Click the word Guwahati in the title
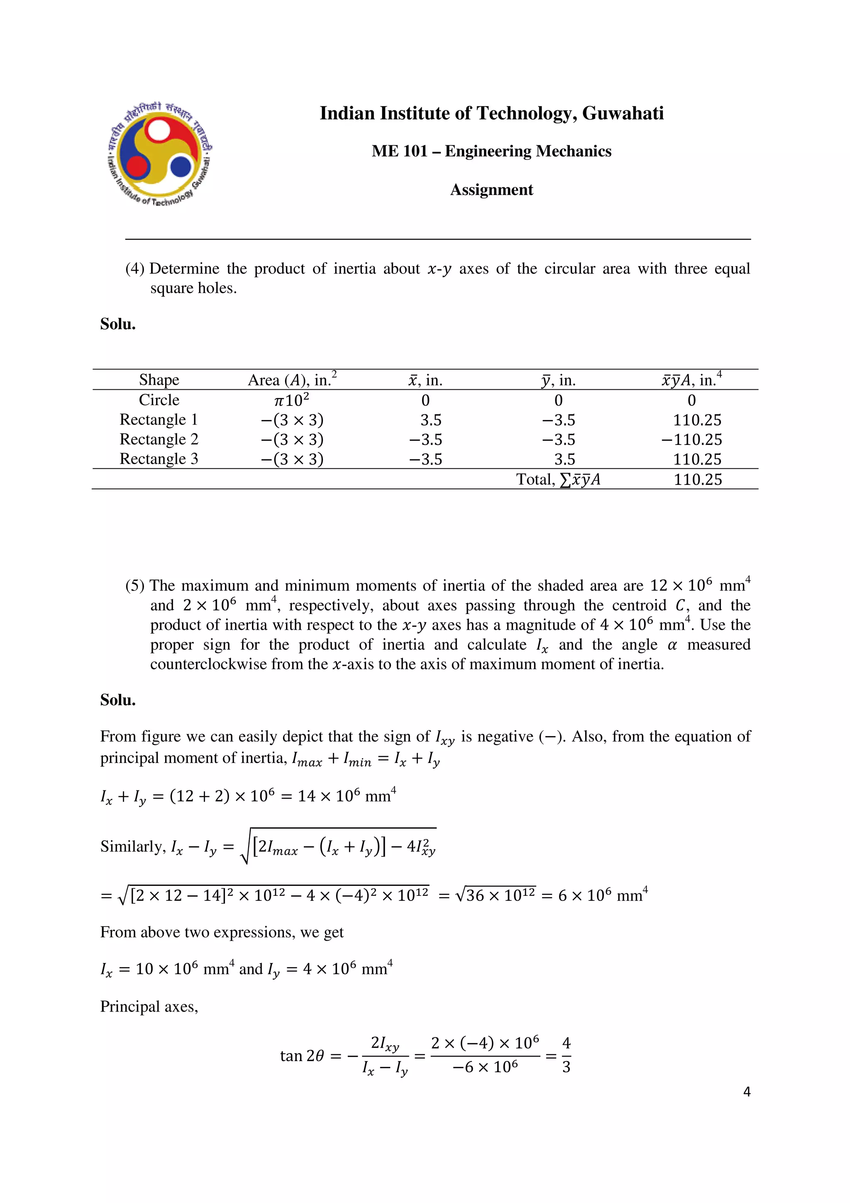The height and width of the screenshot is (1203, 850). pos(622,114)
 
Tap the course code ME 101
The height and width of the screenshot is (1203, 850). pos(399,152)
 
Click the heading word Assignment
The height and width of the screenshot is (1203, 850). pos(491,190)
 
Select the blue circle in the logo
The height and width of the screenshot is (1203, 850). pos(181,166)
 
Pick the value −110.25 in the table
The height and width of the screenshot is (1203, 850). pos(691,440)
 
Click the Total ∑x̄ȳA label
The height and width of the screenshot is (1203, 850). pos(558,479)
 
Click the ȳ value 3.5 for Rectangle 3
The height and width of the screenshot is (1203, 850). pos(564,460)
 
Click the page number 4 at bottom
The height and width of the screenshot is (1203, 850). pos(747,1092)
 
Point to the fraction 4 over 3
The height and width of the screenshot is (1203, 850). pos(566,1055)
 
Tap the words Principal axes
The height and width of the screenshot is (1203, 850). pos(149,1007)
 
